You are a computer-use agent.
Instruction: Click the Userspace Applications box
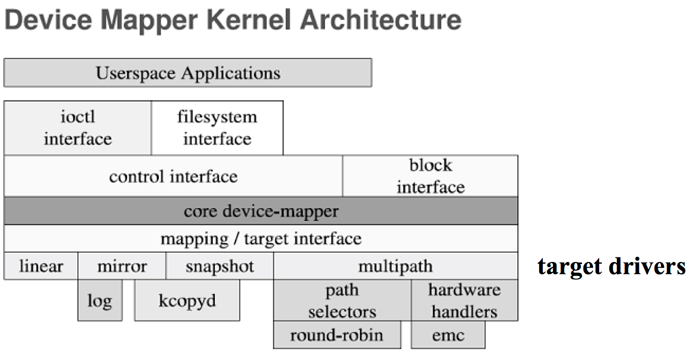(x=187, y=73)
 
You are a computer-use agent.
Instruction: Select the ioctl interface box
(x=77, y=127)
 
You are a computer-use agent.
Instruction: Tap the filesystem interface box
(x=217, y=127)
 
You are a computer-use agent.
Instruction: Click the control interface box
(x=173, y=176)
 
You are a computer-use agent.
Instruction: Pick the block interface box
(x=430, y=176)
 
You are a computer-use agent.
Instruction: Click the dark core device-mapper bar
(x=260, y=211)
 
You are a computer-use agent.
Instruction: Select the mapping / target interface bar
(x=260, y=239)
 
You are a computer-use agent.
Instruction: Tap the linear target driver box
(x=41, y=266)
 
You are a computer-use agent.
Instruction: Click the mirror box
(x=122, y=266)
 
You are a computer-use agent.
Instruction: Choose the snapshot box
(x=219, y=266)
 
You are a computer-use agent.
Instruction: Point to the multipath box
(x=395, y=266)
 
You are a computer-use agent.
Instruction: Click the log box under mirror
(x=100, y=301)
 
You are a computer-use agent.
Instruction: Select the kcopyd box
(x=187, y=301)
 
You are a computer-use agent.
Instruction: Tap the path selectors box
(x=342, y=301)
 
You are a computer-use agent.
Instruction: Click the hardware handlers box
(x=464, y=301)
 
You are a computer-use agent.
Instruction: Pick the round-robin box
(x=337, y=335)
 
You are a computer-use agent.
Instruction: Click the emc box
(x=448, y=335)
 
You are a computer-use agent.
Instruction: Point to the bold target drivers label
(x=611, y=266)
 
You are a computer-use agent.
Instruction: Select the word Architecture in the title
(x=381, y=20)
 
